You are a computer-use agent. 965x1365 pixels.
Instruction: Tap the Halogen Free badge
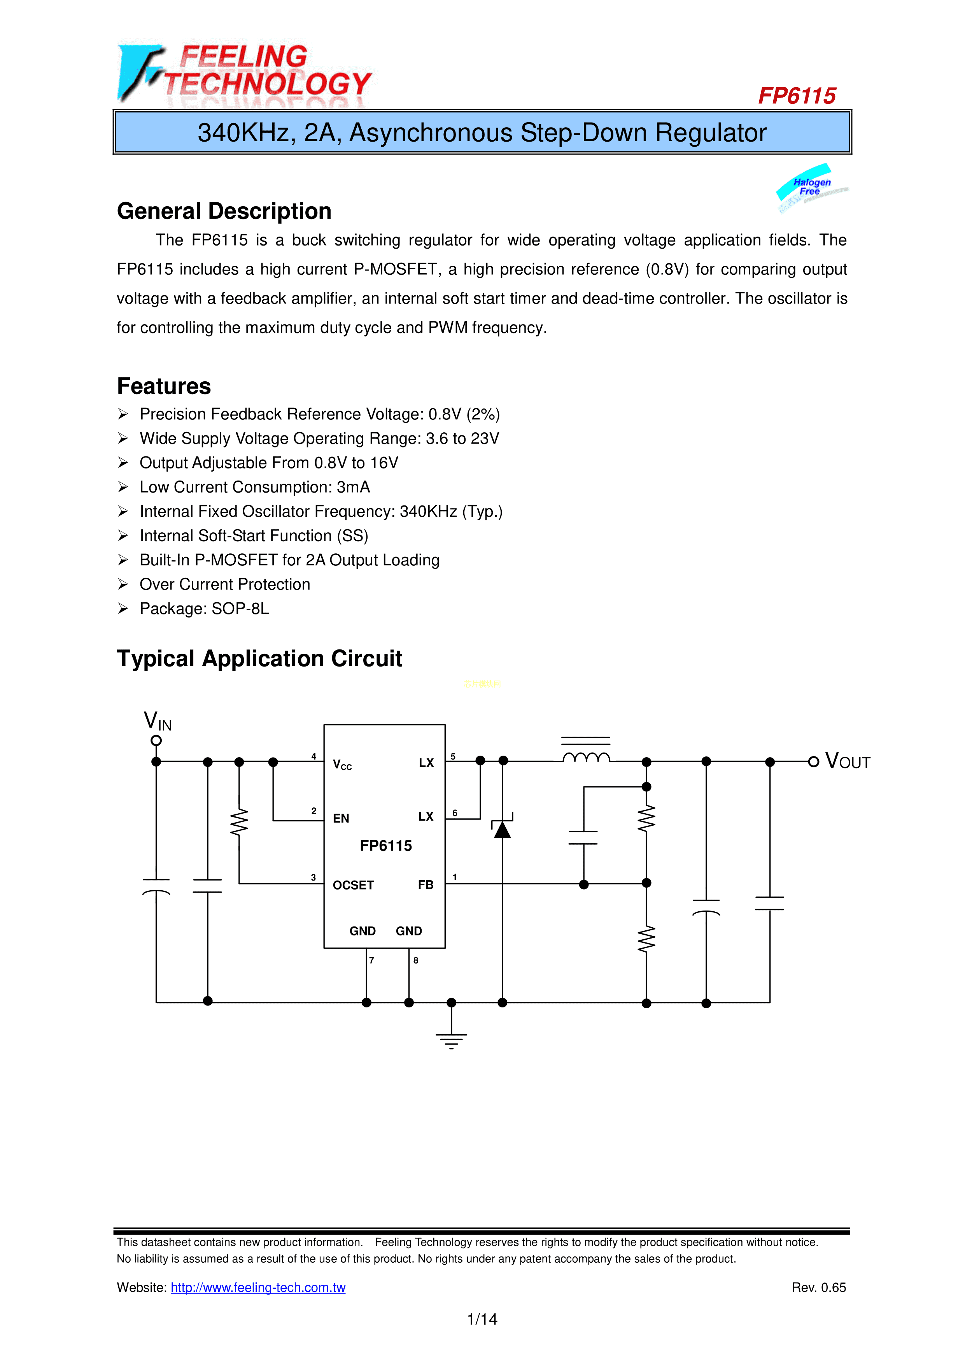pyautogui.click(x=811, y=187)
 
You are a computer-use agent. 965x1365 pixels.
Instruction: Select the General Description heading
pyautogui.click(x=224, y=211)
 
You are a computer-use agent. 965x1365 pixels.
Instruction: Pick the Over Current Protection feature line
pyautogui.click(x=224, y=584)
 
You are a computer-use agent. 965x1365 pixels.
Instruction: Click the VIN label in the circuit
pyautogui.click(x=158, y=721)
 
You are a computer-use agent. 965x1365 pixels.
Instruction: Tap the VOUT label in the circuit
pyautogui.click(x=848, y=761)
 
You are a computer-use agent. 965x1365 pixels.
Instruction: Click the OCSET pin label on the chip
pyautogui.click(x=353, y=885)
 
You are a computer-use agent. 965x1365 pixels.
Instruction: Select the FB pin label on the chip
pyautogui.click(x=426, y=885)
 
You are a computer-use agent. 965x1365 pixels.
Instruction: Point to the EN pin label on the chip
pyautogui.click(x=341, y=819)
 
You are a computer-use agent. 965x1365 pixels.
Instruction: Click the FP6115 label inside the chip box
pyautogui.click(x=385, y=846)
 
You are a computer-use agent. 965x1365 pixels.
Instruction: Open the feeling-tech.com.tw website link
pyautogui.click(x=258, y=1288)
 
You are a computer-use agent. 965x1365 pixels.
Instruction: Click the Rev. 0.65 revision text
pyautogui.click(x=818, y=1288)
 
